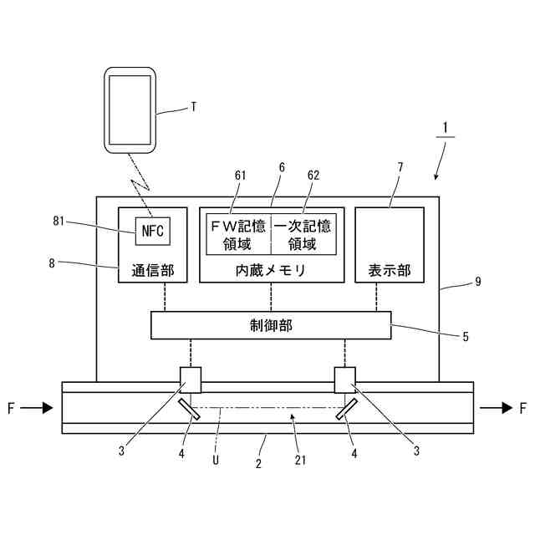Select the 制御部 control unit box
point(271,324)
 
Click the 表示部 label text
point(390,271)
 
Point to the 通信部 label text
point(152,271)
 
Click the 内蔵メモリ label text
point(271,271)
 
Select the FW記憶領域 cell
point(238,234)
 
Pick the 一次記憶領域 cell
point(303,234)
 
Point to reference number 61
point(240,176)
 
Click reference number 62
point(313,176)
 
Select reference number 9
point(477,283)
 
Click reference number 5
point(465,338)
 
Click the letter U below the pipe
point(216,458)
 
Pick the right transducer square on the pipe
point(345,379)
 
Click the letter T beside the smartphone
point(193,106)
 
